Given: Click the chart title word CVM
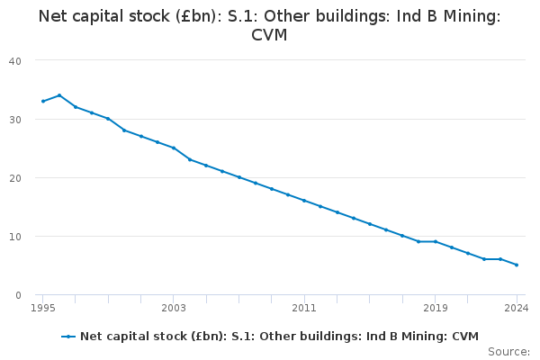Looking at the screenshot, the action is pos(269,35).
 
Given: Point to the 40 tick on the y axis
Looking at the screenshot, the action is pos(15,61).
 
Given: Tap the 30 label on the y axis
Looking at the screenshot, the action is pos(15,120).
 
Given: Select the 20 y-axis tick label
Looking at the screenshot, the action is pos(15,178).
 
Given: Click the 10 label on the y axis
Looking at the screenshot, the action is pos(15,237).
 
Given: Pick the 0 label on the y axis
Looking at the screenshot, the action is pos(18,295).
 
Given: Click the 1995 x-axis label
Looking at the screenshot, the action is pos(43,308).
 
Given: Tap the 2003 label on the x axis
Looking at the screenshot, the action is pos(174,308).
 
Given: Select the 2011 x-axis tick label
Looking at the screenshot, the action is pos(304,308).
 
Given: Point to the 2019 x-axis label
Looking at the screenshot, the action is pos(436,308).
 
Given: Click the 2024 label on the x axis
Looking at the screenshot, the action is pos(517,308).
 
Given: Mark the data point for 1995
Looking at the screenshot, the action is pos(43,102).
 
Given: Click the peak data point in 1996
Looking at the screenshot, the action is pos(59,95).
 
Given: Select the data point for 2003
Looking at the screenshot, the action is pos(174,148).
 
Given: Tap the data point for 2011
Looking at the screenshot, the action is pos(304,201).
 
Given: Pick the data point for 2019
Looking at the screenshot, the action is pos(436,242).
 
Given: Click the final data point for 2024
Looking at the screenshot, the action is pos(517,265).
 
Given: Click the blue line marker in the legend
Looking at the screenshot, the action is pos(68,337).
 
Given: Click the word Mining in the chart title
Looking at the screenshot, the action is pos(472,16).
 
